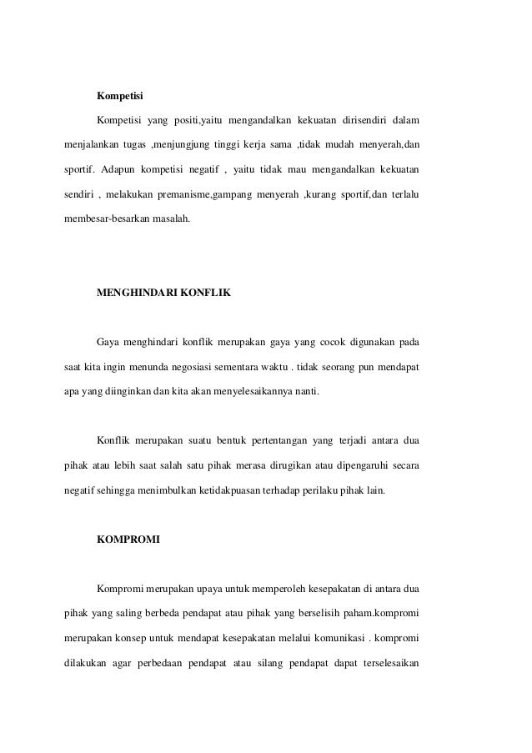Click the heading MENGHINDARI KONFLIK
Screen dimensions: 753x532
163,293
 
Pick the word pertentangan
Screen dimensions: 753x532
268,439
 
